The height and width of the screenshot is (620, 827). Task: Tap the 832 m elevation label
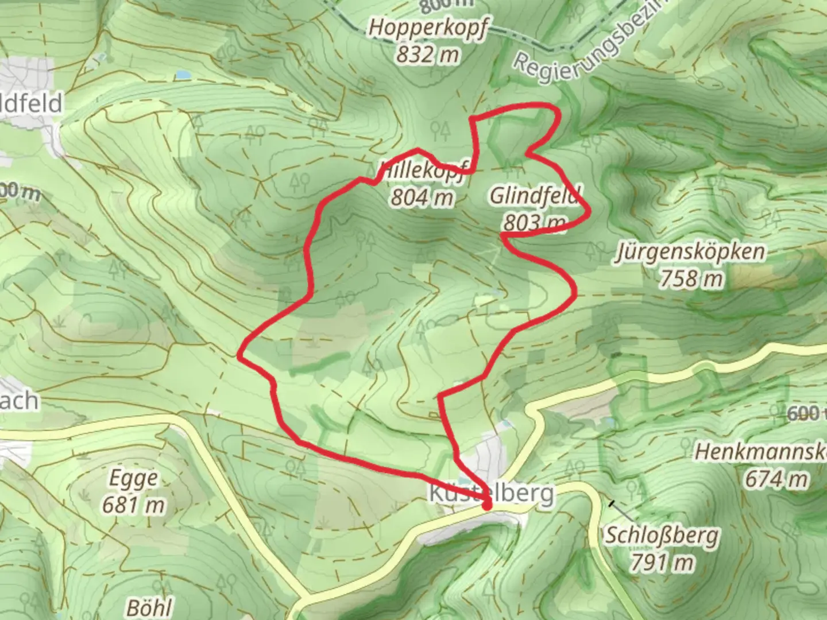(428, 55)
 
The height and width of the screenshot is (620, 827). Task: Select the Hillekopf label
(424, 170)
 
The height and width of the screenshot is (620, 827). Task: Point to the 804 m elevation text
(422, 197)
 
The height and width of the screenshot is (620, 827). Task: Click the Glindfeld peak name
(535, 195)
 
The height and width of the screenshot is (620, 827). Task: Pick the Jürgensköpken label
(690, 251)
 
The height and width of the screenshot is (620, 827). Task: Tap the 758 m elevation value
(690, 279)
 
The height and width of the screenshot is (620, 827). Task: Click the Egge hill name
(133, 478)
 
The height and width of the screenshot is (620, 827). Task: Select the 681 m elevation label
(133, 505)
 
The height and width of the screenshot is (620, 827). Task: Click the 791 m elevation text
(662, 563)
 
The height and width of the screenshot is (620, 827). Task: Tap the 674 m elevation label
(776, 478)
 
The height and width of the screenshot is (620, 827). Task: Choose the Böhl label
(149, 607)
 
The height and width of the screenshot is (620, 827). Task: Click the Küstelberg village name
(492, 493)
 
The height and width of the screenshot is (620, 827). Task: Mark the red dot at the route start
(488, 506)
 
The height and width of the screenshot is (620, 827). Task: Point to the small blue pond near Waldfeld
(182, 75)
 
